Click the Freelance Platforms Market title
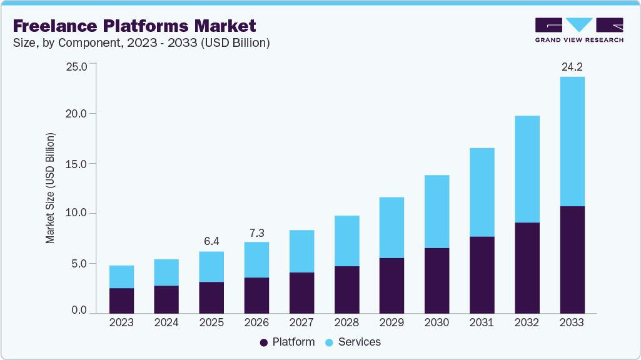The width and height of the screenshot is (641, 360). click(134, 26)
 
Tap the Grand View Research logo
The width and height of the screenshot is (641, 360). click(579, 30)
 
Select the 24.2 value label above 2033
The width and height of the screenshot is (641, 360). click(572, 66)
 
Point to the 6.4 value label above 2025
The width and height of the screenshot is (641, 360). click(211, 241)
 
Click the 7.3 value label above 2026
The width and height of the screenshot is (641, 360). click(256, 232)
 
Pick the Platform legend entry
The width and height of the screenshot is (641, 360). click(287, 342)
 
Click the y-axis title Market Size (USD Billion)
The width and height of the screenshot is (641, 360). click(50, 188)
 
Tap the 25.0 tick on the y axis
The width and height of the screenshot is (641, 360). click(77, 66)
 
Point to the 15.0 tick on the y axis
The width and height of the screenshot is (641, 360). click(77, 164)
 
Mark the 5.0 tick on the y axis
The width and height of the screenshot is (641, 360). click(79, 263)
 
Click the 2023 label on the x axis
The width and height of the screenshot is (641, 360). click(121, 322)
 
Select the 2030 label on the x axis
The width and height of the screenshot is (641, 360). click(437, 322)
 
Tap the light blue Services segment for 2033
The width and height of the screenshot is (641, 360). click(572, 141)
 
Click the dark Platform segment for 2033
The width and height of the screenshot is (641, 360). click(572, 259)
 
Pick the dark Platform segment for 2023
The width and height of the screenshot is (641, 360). click(121, 301)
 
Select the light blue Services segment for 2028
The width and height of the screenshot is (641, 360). click(346, 241)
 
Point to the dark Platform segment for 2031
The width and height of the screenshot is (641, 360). click(482, 275)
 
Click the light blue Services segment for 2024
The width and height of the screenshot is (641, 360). click(166, 272)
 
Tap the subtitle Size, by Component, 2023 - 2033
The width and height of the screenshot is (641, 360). click(141, 43)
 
